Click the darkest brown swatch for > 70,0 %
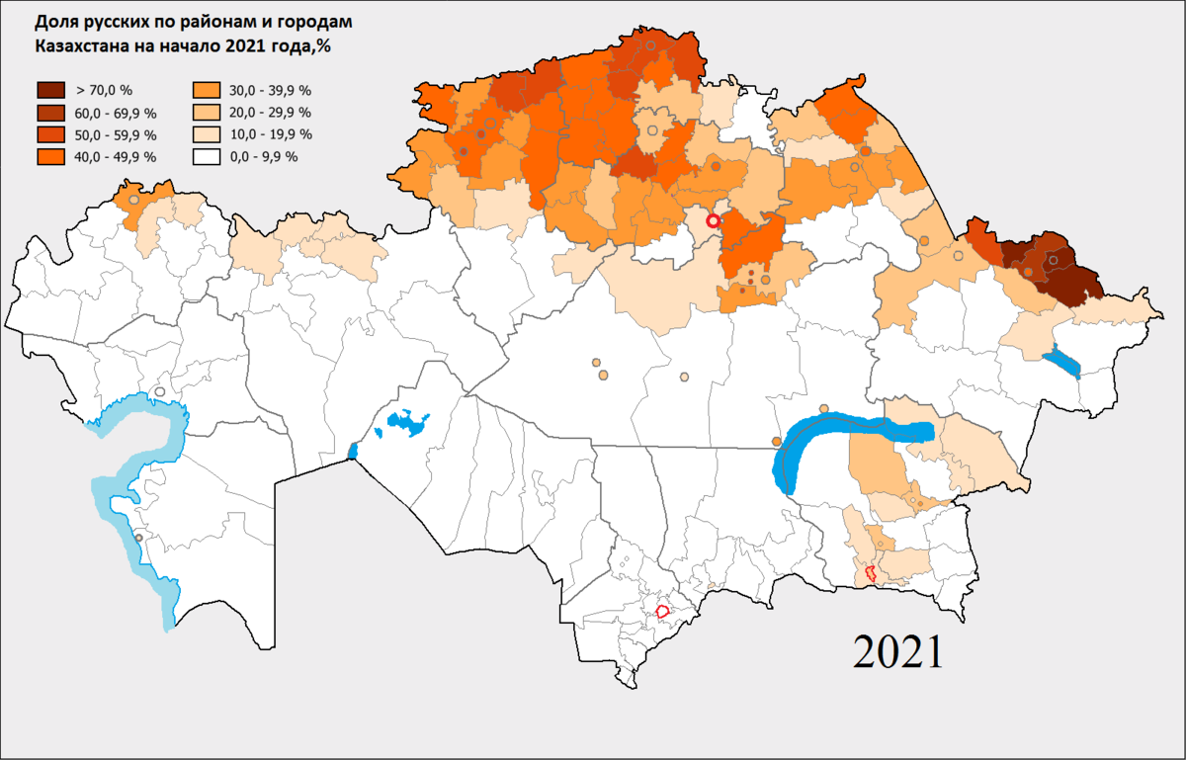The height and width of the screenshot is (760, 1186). [49, 91]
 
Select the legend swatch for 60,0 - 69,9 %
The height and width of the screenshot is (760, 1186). [49, 113]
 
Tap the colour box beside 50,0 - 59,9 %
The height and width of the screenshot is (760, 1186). [49, 134]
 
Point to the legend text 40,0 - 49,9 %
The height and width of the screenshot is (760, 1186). [115, 156]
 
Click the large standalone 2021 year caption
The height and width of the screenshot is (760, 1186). [897, 652]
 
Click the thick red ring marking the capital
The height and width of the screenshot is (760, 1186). [713, 220]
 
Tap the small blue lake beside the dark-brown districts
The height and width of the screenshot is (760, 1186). [1061, 361]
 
